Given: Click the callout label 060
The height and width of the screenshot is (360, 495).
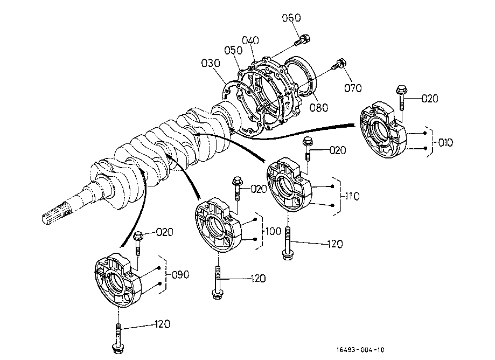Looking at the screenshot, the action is [291, 18].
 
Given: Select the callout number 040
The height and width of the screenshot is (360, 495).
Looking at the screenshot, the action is [250, 40].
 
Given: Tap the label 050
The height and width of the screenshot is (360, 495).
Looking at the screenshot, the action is [233, 50].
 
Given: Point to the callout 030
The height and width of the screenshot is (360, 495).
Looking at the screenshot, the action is [211, 63].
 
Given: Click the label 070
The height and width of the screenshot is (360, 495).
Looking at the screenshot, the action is [353, 88].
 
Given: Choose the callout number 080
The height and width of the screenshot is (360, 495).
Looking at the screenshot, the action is [318, 108].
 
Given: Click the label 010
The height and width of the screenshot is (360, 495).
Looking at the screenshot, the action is [445, 142].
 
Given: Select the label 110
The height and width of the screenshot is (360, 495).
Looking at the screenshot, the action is [352, 196].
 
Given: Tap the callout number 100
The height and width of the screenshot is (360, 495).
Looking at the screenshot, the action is [273, 231].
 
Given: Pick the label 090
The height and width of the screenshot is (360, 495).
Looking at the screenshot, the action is [180, 274].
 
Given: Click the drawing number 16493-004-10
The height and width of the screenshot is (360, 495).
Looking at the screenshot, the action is [360, 350].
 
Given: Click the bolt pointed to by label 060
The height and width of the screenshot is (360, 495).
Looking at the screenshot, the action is [302, 40].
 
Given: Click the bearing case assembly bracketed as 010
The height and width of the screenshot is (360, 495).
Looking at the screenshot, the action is [384, 130].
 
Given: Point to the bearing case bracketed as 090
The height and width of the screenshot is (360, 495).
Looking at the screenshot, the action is [119, 280].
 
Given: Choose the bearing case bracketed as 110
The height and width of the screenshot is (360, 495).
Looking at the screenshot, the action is [290, 185].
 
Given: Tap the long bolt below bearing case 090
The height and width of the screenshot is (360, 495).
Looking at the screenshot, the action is [118, 337].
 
